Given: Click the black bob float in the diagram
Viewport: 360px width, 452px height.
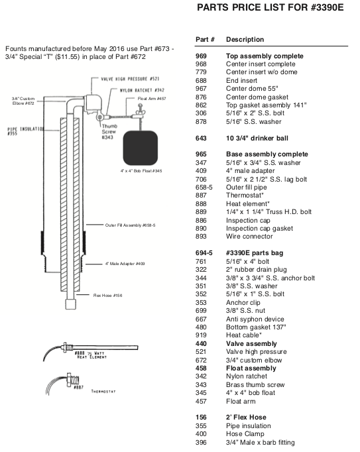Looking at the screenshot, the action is [x=140, y=148].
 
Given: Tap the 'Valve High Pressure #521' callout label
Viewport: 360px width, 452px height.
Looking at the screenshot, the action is [x=130, y=79].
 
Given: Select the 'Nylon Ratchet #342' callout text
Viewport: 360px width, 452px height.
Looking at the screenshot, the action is [x=142, y=90].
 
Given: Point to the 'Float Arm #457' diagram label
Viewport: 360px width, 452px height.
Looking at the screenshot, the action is [x=152, y=99].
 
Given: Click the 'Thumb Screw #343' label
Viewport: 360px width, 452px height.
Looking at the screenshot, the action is [x=109, y=132].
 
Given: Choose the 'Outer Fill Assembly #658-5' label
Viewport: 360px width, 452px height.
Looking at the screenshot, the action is [x=130, y=225].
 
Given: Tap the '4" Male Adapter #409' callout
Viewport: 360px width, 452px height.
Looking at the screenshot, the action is [x=125, y=264].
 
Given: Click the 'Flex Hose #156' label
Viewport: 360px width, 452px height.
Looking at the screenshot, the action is [x=107, y=296].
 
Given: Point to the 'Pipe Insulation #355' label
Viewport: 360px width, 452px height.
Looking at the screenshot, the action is [x=25, y=131].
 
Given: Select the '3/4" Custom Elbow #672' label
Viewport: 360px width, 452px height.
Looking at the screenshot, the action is [x=23, y=101].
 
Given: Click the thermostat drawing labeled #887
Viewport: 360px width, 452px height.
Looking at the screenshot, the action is [x=64, y=382].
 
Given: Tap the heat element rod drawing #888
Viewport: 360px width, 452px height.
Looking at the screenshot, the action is [x=91, y=349].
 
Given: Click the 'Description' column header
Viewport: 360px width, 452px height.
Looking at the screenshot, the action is [x=245, y=40].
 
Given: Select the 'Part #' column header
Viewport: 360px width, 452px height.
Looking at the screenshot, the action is [x=205, y=40].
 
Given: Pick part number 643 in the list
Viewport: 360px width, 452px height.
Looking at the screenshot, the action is [x=201, y=139].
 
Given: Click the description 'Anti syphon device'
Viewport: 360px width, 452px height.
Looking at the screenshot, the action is [x=255, y=319].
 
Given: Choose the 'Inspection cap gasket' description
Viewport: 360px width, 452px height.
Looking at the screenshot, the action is [x=259, y=228].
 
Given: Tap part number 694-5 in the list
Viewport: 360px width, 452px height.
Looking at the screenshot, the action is [x=204, y=253].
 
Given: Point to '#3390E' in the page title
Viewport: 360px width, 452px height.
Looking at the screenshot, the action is [x=328, y=7].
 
